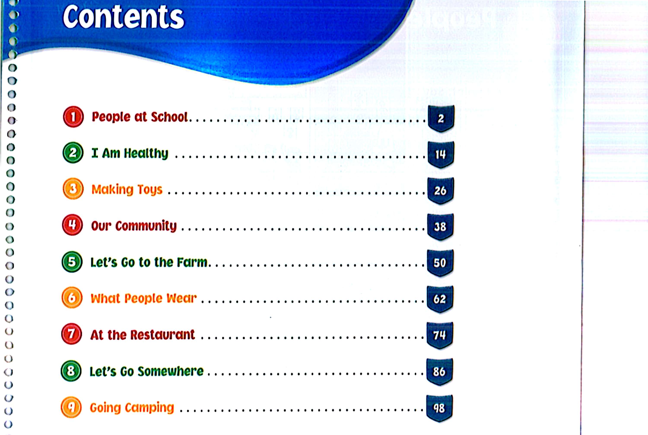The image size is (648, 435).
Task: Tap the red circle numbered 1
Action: [73, 117]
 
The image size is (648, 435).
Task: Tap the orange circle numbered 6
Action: [72, 298]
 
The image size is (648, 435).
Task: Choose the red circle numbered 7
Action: [71, 334]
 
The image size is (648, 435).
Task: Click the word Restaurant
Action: [163, 335]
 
